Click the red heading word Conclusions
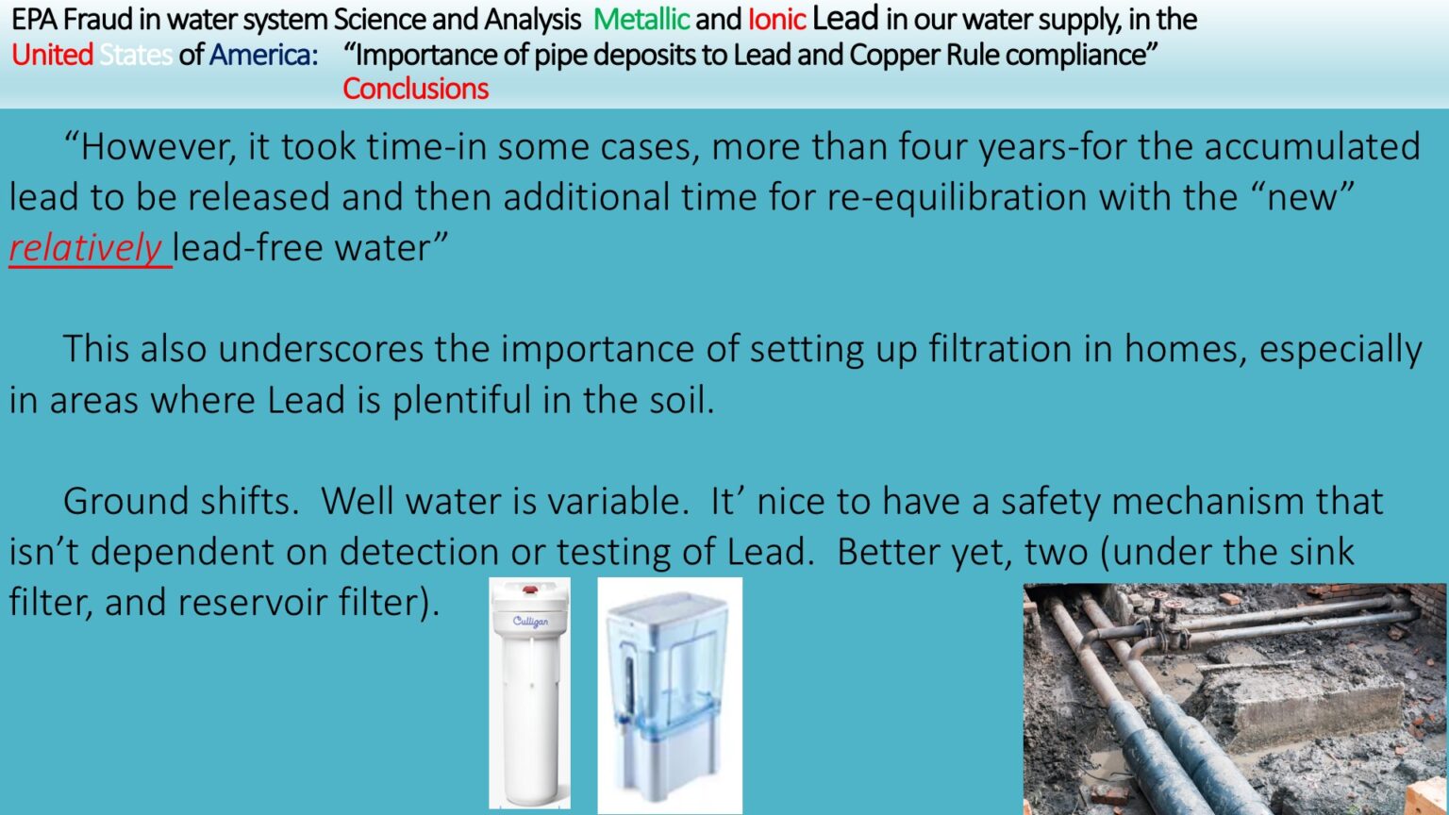[415, 89]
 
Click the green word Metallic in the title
[641, 20]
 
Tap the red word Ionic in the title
[776, 20]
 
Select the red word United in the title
[53, 55]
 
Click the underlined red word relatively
[86, 247]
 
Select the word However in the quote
[151, 147]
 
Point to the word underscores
[320, 349]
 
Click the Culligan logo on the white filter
[530, 622]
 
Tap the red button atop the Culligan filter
[530, 590]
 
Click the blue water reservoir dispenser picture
[670, 695]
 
